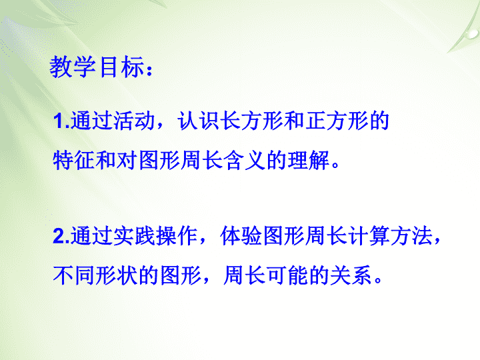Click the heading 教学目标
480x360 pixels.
[97, 67]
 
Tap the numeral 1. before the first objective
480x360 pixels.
[61, 121]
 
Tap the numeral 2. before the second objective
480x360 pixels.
[61, 236]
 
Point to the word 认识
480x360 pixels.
[199, 121]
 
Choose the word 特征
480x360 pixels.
[74, 160]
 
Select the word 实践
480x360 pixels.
[135, 236]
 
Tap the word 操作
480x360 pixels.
[177, 236]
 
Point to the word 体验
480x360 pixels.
[241, 236]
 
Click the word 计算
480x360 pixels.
[369, 236]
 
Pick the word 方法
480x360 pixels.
[412, 236]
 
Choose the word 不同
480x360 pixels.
[74, 275]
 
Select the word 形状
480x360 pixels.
[117, 275]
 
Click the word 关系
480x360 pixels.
[351, 275]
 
